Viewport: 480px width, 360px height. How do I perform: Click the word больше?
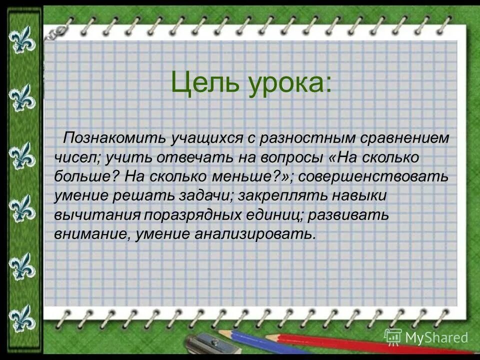[x=86, y=176]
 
